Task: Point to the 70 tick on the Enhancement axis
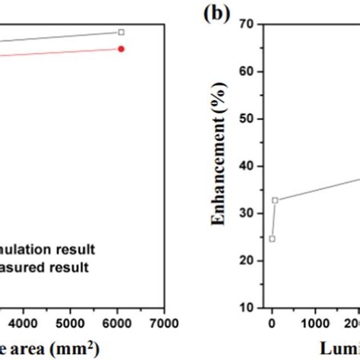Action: [248, 24]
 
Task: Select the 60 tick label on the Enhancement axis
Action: [248, 71]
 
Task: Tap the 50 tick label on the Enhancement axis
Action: [248, 118]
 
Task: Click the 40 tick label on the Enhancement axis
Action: [248, 166]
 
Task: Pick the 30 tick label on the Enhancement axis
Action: [248, 213]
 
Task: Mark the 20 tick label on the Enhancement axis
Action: [248, 261]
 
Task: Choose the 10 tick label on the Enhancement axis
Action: [248, 308]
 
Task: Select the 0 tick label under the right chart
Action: [272, 321]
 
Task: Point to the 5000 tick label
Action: [71, 321]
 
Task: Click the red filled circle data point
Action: [121, 49]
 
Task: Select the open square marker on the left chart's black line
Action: [121, 32]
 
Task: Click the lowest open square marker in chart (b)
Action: [272, 238]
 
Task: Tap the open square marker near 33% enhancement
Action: [275, 201]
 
